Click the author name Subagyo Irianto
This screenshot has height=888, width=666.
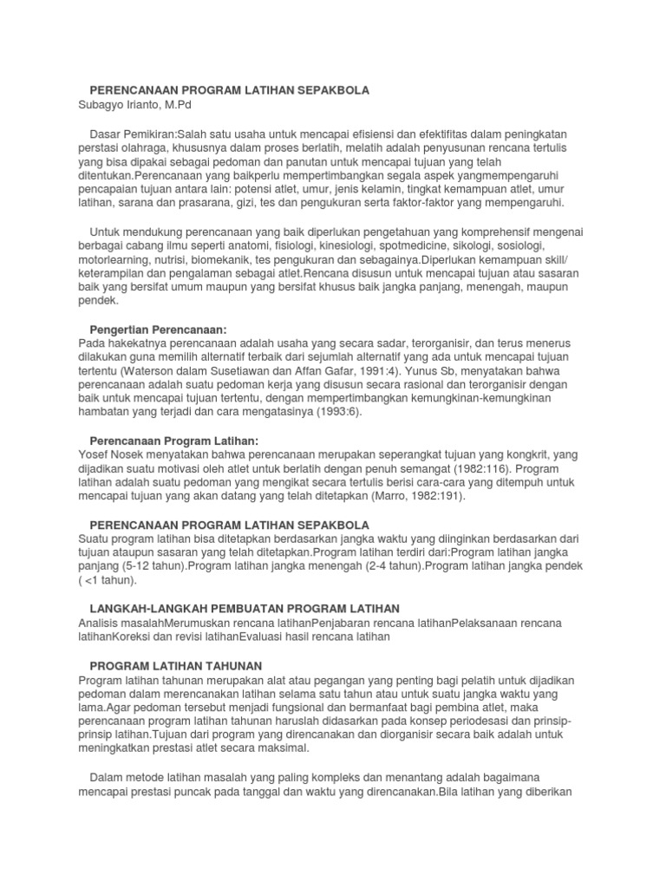coord(118,105)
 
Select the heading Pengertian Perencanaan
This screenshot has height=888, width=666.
coord(158,330)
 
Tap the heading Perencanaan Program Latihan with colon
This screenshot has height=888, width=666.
coord(174,441)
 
